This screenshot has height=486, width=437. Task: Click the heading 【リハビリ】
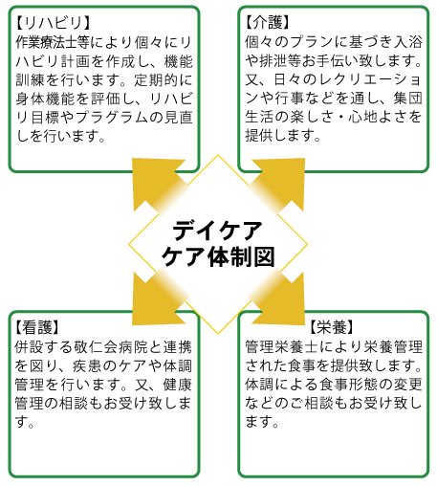[54, 23]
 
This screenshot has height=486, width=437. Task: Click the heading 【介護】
[268, 22]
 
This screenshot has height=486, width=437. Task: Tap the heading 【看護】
[37, 327]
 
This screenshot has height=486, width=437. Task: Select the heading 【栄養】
[332, 327]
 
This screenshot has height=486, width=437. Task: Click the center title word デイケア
[218, 231]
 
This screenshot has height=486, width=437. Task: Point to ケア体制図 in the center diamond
[218, 257]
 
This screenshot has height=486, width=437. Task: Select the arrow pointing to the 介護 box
[276, 185]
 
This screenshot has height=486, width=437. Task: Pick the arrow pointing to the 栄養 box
[276, 298]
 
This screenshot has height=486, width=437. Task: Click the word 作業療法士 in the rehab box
[52, 42]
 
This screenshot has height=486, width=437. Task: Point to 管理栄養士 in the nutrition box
[281, 347]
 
